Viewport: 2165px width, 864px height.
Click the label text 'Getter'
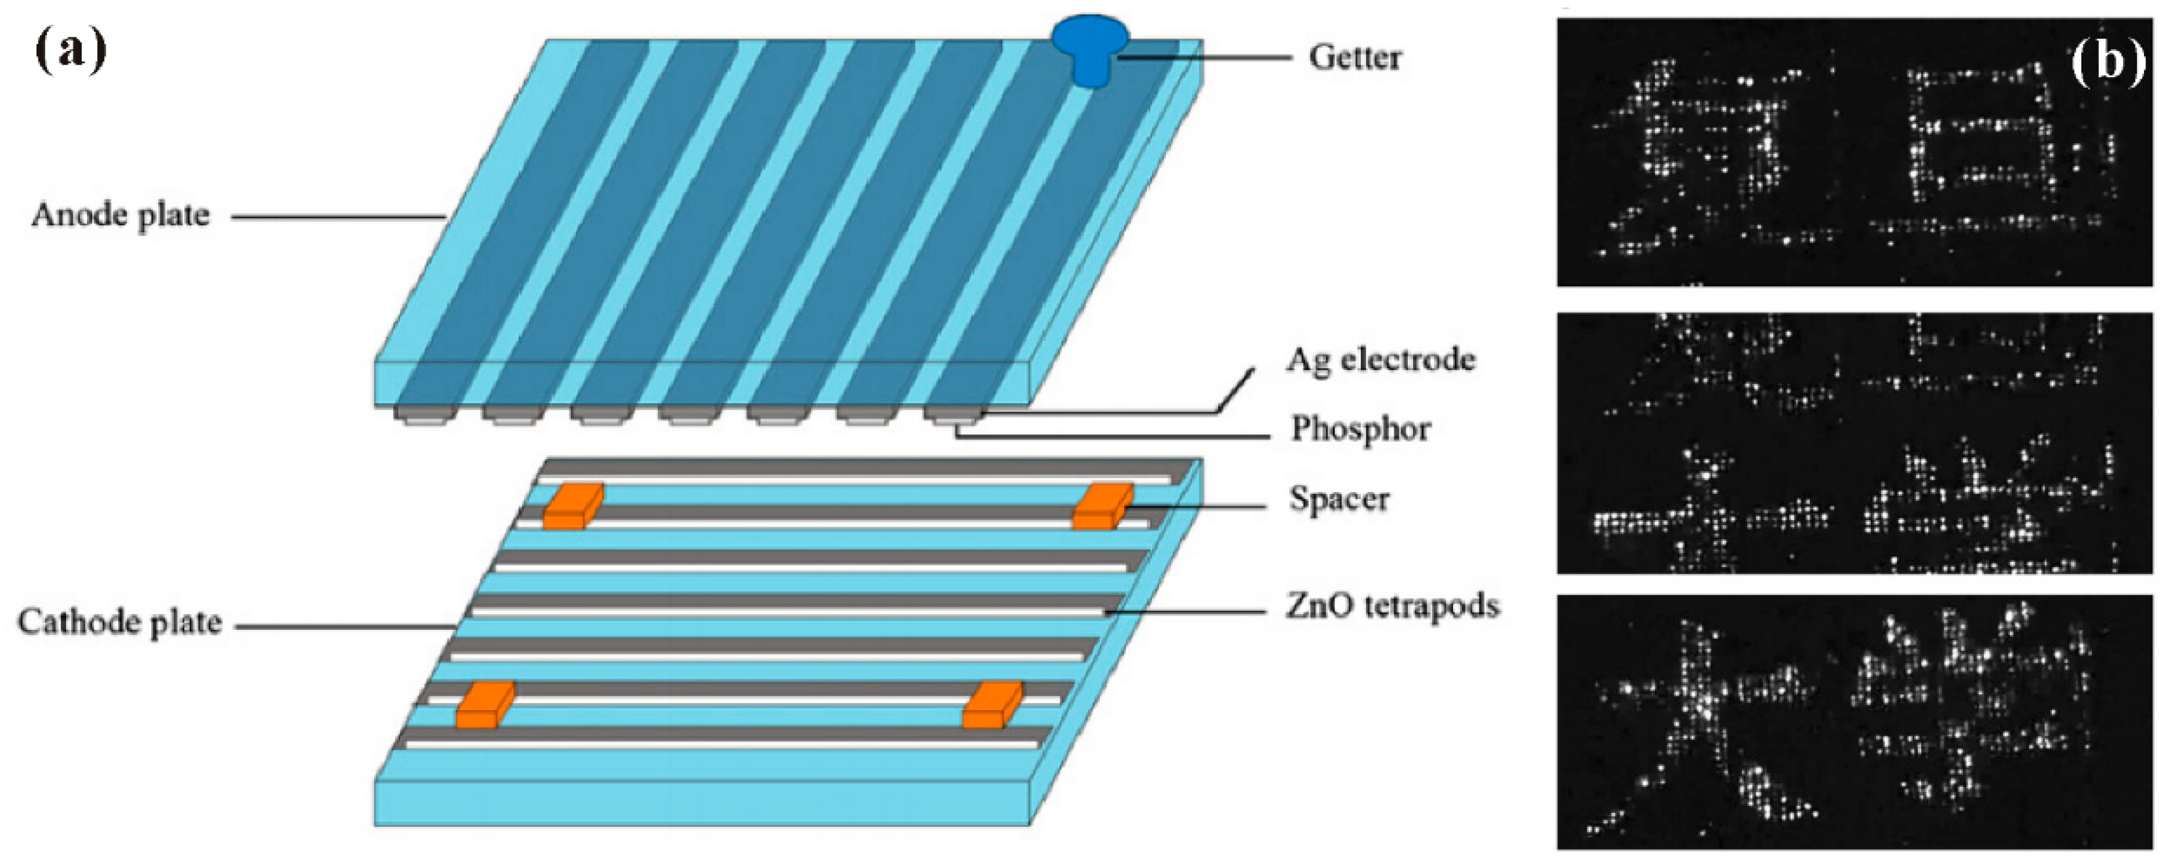coord(1355,58)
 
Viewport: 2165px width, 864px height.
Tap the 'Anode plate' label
coord(120,216)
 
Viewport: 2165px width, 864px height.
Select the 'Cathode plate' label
coord(120,623)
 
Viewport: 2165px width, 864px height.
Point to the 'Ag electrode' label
coord(1380,360)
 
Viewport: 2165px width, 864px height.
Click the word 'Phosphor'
coord(1360,430)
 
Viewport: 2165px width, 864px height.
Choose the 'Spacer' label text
coord(1339,499)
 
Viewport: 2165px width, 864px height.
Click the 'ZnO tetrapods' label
coord(1391,606)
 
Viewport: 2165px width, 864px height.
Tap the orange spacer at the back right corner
coord(1102,506)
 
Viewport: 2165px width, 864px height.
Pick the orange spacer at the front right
coord(992,705)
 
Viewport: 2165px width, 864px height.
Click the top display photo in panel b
coord(1853,153)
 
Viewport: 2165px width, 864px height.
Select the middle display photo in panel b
coord(1853,443)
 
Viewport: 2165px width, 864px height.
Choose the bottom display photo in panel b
coord(1853,723)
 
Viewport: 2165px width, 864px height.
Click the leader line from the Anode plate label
coord(336,217)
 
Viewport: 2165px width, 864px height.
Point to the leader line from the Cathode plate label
coord(345,626)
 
